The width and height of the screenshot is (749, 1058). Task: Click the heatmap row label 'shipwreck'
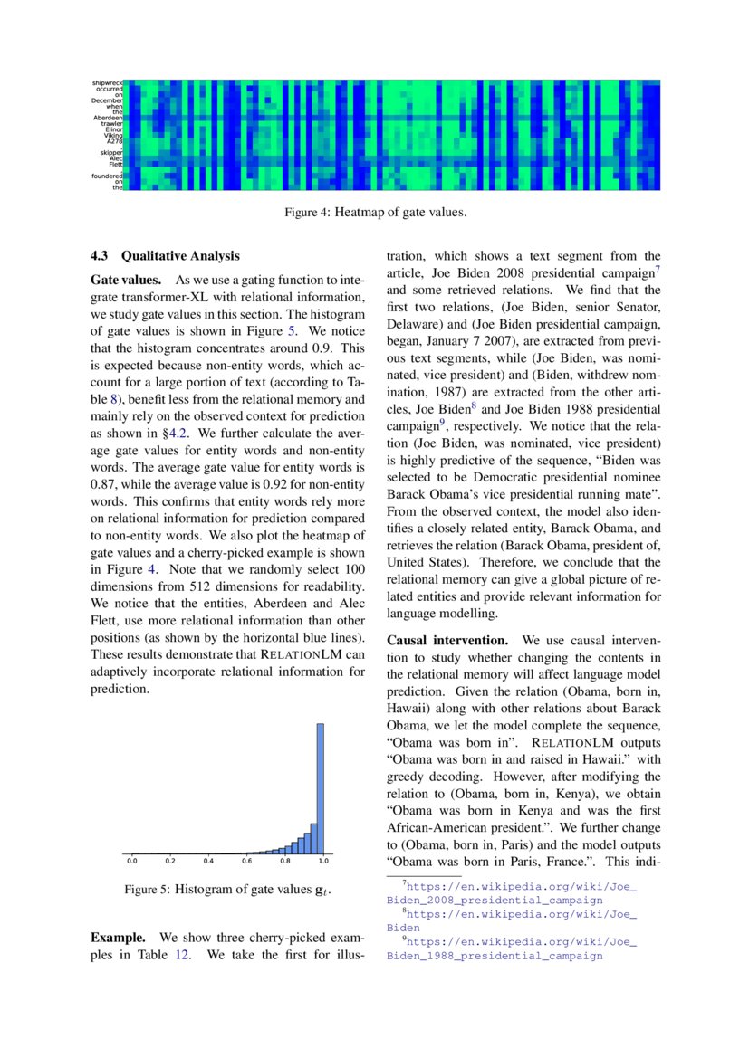pos(108,83)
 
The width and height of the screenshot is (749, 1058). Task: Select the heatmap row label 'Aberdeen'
pos(108,118)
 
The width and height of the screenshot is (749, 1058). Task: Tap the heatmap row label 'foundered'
pos(108,176)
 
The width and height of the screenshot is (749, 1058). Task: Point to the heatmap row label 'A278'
pos(114,141)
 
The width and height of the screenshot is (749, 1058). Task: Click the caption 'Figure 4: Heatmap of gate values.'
pos(375,214)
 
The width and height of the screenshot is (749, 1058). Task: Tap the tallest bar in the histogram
pos(320,787)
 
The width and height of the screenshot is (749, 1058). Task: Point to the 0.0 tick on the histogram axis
pos(132,861)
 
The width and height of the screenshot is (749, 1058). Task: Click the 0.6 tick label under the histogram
pos(246,861)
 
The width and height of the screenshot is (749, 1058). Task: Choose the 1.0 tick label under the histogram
pos(323,861)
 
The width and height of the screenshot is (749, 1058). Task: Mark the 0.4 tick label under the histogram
pos(208,861)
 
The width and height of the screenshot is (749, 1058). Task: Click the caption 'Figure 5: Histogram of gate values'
pos(226,890)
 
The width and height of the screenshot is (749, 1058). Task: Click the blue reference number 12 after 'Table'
pos(182,955)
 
